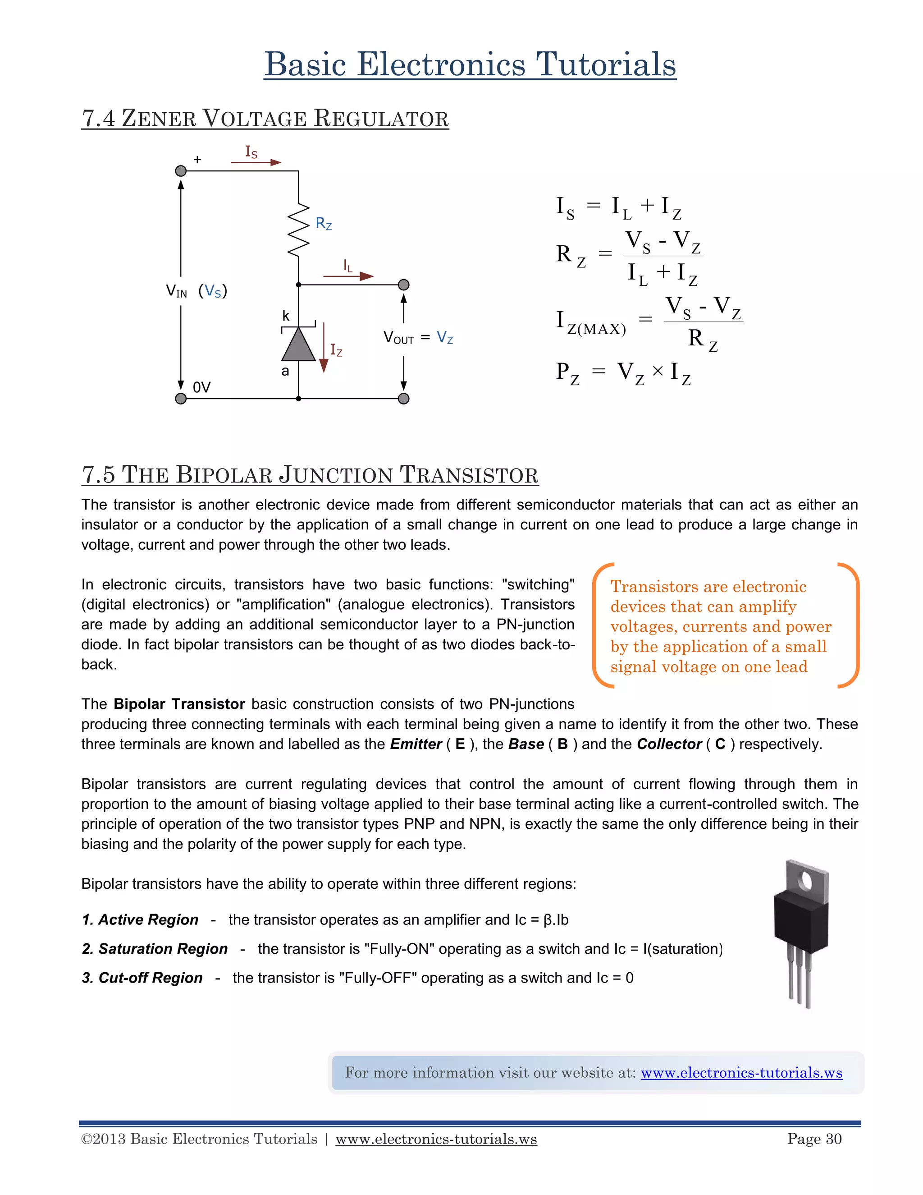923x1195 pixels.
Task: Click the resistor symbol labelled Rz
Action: tap(298, 230)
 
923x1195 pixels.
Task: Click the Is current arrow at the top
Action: tap(256, 162)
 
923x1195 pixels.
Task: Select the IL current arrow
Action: tap(348, 276)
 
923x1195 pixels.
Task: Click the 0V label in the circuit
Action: tap(201, 387)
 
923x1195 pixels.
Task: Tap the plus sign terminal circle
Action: tap(181, 171)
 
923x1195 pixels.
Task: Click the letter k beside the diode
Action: tap(285, 316)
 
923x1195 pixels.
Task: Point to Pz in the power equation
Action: tap(567, 373)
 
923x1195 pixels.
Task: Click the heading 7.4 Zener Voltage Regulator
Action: tap(265, 119)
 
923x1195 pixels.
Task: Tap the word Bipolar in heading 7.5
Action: tap(224, 475)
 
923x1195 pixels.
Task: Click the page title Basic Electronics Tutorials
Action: tap(470, 64)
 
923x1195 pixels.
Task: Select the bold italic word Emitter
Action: tap(416, 744)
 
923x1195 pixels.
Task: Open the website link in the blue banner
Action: tap(741, 1073)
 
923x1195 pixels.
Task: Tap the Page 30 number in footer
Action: tap(814, 1139)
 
